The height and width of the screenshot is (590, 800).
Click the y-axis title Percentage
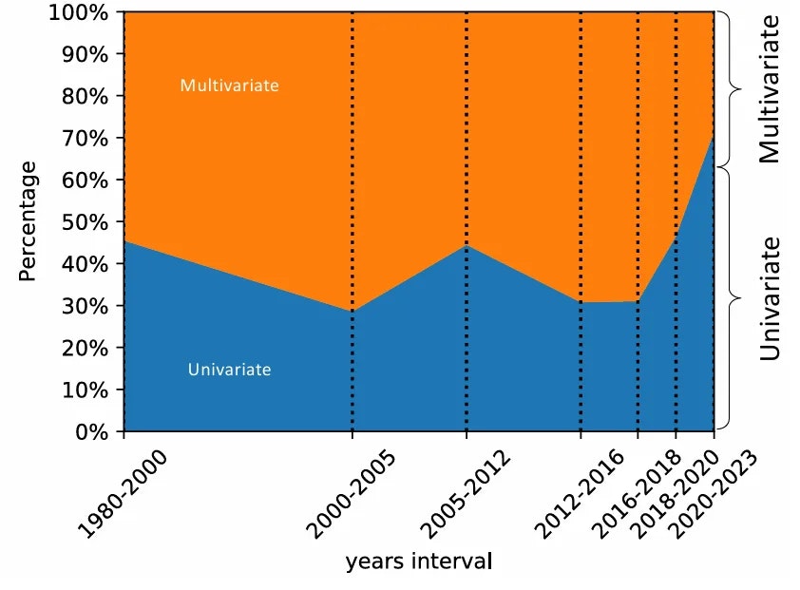(29, 221)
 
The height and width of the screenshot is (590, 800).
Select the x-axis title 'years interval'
(419, 561)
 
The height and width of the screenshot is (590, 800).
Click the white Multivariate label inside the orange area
(229, 86)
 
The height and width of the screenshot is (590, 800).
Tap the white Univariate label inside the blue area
(229, 370)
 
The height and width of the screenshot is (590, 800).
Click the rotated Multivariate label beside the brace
(770, 88)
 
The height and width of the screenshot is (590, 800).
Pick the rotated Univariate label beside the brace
(770, 297)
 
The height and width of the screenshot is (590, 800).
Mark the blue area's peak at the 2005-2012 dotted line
(467, 246)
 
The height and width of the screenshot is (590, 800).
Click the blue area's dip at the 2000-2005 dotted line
(352, 311)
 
